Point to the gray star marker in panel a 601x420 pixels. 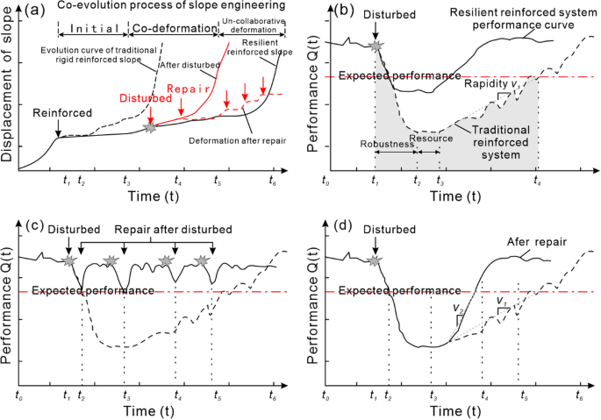pyautogui.click(x=151, y=129)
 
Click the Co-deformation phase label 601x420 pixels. pyautogui.click(x=174, y=28)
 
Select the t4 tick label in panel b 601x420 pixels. pyautogui.click(x=537, y=182)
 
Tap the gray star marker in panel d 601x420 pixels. pyautogui.click(x=376, y=261)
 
